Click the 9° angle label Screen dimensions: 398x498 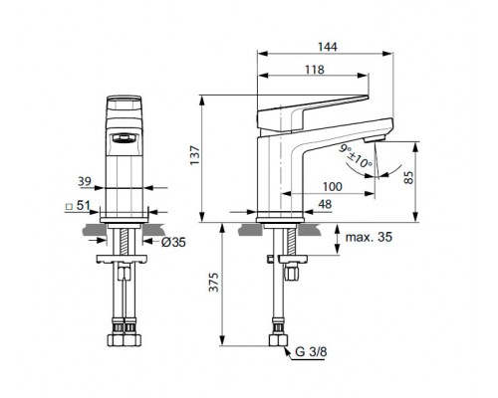tap(345, 149)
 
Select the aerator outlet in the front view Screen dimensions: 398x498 tap(126, 139)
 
